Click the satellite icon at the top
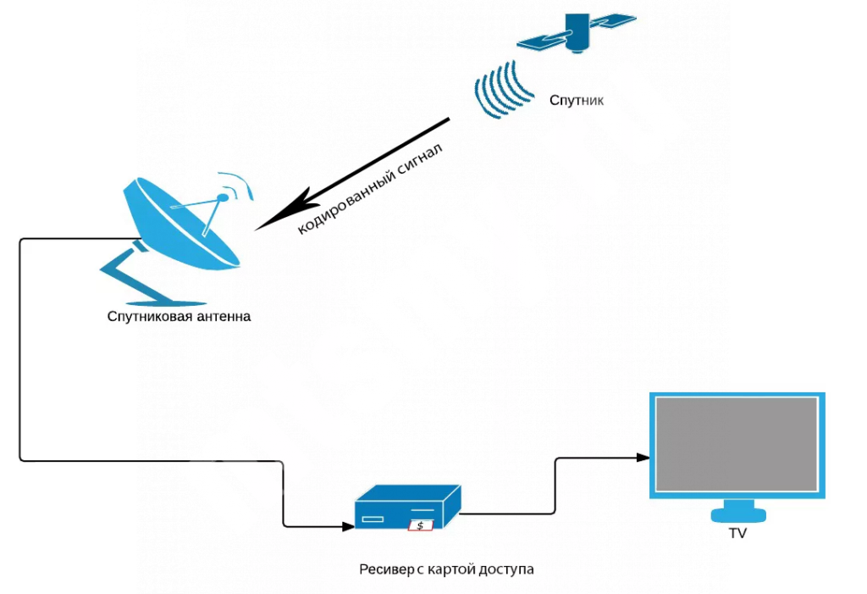[x=577, y=33]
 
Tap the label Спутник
[x=577, y=101]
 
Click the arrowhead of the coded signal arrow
[x=266, y=223]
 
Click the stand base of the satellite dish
[x=165, y=301]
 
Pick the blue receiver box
[x=406, y=508]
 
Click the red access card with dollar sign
[x=420, y=525]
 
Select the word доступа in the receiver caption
[x=505, y=569]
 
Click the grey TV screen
[x=737, y=445]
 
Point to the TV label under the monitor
[x=737, y=534]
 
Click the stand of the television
[x=737, y=512]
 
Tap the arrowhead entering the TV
[x=643, y=458]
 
